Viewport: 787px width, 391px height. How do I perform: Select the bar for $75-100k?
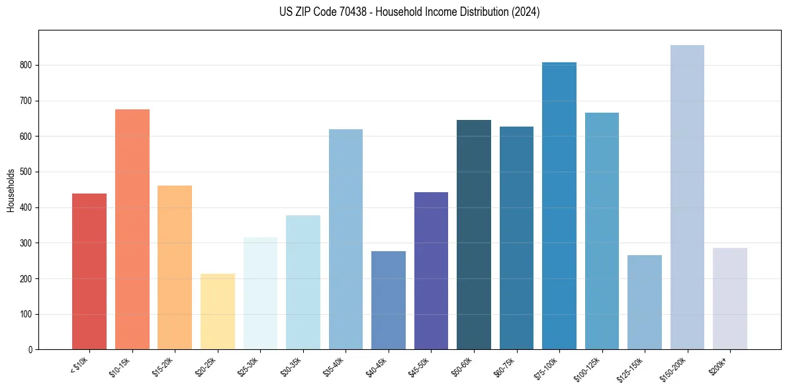tap(559, 206)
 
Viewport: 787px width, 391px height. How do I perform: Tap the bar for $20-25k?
tap(217, 311)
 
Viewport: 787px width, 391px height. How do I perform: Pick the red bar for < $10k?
tap(89, 272)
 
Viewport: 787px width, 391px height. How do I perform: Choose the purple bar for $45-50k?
tap(431, 271)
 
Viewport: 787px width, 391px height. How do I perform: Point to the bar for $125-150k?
tap(644, 302)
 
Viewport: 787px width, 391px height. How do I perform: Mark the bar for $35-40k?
tap(346, 239)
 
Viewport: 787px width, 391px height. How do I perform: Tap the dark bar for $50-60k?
tap(473, 235)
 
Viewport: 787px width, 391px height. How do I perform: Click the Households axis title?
tap(11, 190)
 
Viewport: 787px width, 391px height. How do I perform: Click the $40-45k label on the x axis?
tap(377, 367)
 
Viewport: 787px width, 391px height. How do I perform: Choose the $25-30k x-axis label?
tap(248, 367)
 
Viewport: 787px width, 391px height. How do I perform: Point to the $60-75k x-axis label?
tap(504, 367)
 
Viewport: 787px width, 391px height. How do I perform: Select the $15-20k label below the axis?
tap(163, 367)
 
